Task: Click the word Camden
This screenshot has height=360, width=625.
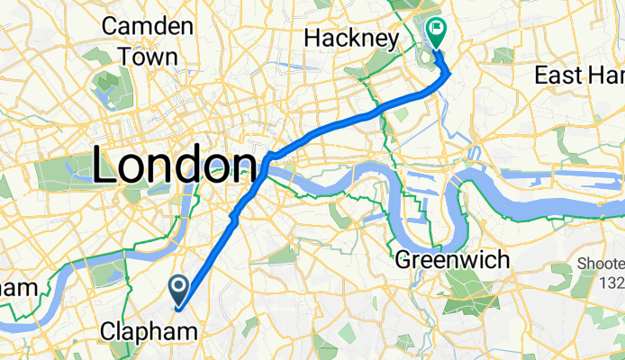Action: (x=148, y=25)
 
